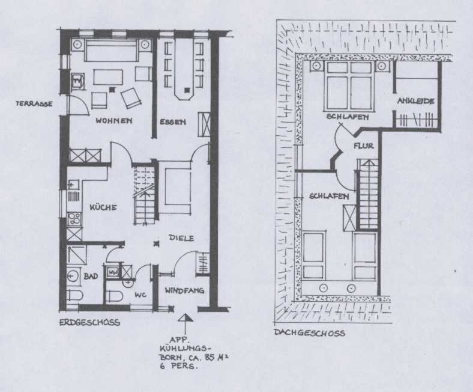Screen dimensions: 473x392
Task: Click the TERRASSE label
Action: (x=34, y=103)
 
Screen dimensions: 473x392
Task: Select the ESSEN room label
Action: (x=172, y=122)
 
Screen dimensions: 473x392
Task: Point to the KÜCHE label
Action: (x=103, y=207)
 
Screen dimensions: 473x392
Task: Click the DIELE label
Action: (x=181, y=238)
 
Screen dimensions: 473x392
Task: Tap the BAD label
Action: (x=91, y=276)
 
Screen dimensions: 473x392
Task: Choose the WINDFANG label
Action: (x=184, y=290)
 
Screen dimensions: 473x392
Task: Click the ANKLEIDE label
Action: (x=416, y=101)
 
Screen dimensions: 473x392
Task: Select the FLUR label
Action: (x=364, y=146)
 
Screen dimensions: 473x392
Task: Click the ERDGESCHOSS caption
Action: (x=89, y=322)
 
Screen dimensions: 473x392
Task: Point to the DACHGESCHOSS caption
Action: (x=309, y=332)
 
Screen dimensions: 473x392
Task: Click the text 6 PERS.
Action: (x=179, y=367)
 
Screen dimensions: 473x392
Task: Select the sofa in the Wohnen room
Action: (x=113, y=49)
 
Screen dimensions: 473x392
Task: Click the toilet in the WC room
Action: (x=115, y=296)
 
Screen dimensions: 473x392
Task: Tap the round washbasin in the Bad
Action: (x=73, y=276)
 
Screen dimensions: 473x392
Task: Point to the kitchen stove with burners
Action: (x=74, y=218)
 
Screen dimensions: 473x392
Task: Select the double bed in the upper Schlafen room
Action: (x=349, y=86)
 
